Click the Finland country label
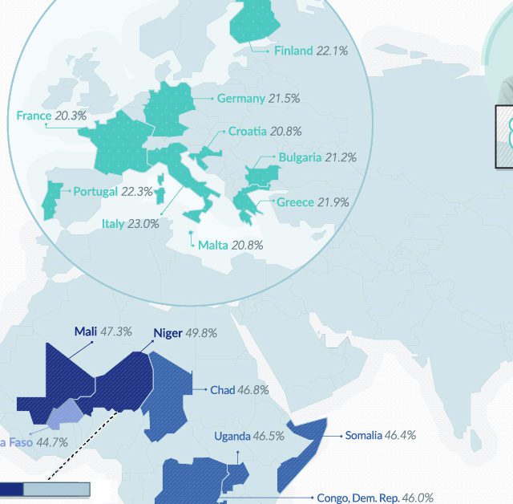[293, 51]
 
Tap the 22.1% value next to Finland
[332, 51]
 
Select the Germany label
[240, 98]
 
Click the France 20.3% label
[51, 116]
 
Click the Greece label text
[294, 202]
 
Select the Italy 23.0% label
[130, 224]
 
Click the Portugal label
[95, 192]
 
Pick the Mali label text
[86, 331]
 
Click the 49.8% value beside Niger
[201, 333]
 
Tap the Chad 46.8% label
[239, 390]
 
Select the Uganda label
[232, 437]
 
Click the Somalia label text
[363, 435]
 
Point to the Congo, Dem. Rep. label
[357, 497]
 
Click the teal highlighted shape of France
[120, 144]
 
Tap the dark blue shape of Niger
[120, 377]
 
